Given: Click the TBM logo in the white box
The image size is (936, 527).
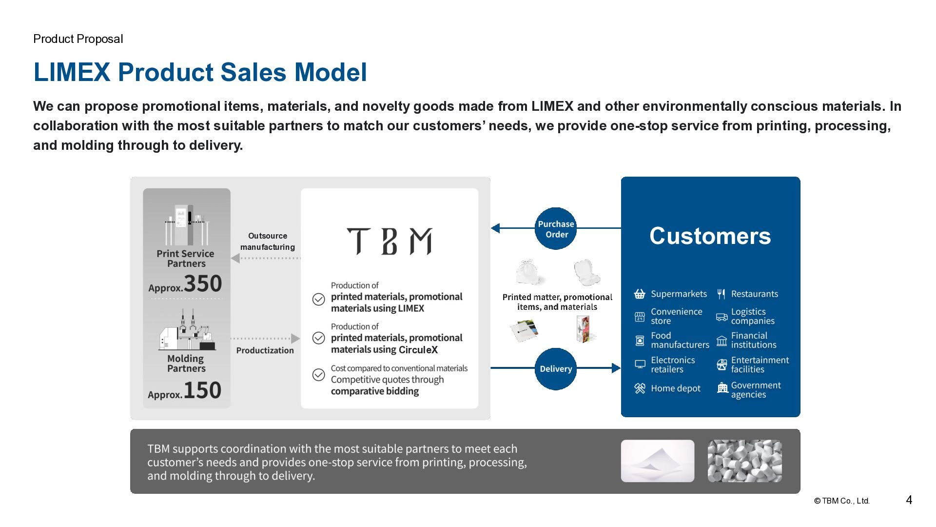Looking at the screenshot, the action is coord(389,241).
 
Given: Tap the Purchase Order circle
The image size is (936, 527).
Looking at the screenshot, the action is coord(556,229).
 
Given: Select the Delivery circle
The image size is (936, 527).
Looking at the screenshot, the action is coord(556,369).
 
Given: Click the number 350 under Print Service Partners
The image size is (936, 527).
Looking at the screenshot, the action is coord(203,284).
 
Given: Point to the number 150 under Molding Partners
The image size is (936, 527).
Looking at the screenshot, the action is coord(202,390).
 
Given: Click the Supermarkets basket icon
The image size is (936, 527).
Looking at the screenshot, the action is coord(640,294).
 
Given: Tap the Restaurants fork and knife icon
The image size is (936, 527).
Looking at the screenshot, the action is coord(721,294).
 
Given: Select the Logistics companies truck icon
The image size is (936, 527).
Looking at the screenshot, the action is coord(721,317).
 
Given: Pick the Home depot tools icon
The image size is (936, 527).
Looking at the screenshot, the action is coord(640,388).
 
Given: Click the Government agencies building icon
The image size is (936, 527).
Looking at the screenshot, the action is coord(722,388).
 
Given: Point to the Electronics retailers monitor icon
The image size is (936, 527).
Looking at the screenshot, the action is coord(640,365).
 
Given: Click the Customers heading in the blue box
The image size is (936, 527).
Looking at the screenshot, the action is coord(710,236).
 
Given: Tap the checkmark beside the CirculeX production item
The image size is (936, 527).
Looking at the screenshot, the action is coord(318,338).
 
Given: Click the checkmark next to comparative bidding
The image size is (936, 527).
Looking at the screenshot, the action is coord(318,375).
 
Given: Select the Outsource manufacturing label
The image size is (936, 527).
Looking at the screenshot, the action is coord(268,242).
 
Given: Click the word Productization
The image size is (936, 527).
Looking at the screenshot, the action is coord(265,350).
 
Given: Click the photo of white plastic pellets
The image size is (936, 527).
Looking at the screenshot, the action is coord(744,461).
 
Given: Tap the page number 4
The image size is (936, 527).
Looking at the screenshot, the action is coord(909,500).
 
